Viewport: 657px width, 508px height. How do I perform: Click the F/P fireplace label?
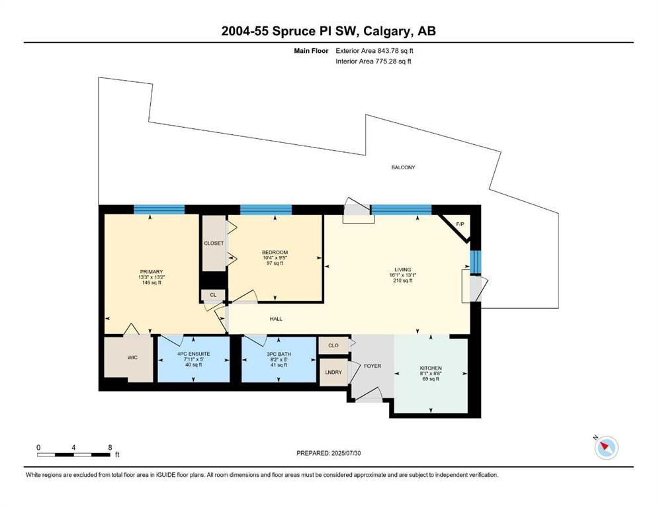tap(460, 224)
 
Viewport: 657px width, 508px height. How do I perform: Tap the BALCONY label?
tap(403, 167)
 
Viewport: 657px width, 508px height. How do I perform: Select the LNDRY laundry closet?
tap(333, 372)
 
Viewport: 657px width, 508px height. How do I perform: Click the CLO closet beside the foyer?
tap(333, 345)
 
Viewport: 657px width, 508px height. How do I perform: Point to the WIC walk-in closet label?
tap(132, 358)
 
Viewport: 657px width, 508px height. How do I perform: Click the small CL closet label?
tap(213, 295)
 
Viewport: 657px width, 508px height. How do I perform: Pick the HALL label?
tap(276, 319)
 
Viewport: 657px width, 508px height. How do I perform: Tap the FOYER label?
tap(372, 366)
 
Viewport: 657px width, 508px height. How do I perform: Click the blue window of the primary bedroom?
tap(159, 210)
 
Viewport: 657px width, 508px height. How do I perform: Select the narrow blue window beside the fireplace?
tap(476, 262)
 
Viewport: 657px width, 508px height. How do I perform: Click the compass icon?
tap(606, 448)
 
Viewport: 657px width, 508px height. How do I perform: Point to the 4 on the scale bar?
tap(73, 447)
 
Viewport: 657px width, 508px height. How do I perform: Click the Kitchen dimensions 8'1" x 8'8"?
tap(431, 374)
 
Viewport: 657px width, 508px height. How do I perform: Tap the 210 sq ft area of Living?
tap(403, 280)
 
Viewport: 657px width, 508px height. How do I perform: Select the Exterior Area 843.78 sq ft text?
tap(374, 51)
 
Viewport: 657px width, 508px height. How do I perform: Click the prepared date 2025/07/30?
tap(345, 453)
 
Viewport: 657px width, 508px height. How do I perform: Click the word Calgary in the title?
tap(387, 31)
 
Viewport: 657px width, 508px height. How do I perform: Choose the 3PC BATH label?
tap(279, 355)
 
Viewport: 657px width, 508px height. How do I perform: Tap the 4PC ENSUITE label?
tap(194, 355)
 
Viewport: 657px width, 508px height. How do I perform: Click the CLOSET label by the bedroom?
tap(214, 243)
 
